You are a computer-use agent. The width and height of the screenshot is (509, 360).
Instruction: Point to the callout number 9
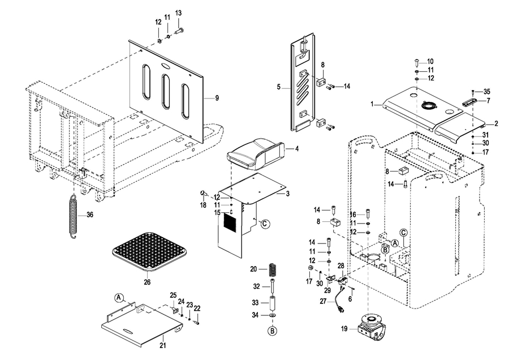tap(217, 98)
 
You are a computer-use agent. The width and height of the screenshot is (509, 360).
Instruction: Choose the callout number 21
tap(162, 345)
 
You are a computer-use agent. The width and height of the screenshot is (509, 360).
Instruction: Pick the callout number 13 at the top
tap(178, 13)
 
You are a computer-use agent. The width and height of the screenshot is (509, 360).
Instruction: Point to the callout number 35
tap(487, 91)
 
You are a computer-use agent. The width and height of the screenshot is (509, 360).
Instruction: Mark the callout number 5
tap(279, 88)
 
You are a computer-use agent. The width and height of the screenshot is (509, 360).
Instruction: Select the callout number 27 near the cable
tap(323, 302)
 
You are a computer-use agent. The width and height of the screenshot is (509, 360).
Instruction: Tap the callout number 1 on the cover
tap(373, 104)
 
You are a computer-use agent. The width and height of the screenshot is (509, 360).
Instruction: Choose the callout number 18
tap(203, 205)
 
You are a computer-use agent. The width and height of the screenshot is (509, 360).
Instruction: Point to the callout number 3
tap(287, 194)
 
